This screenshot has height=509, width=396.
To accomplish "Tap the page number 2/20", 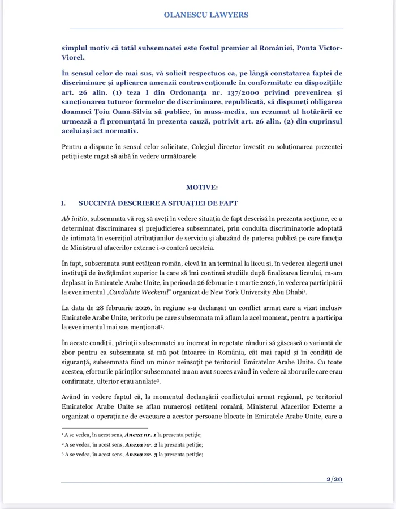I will (334, 479).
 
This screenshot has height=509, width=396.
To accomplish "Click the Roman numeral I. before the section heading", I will (64, 202).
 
